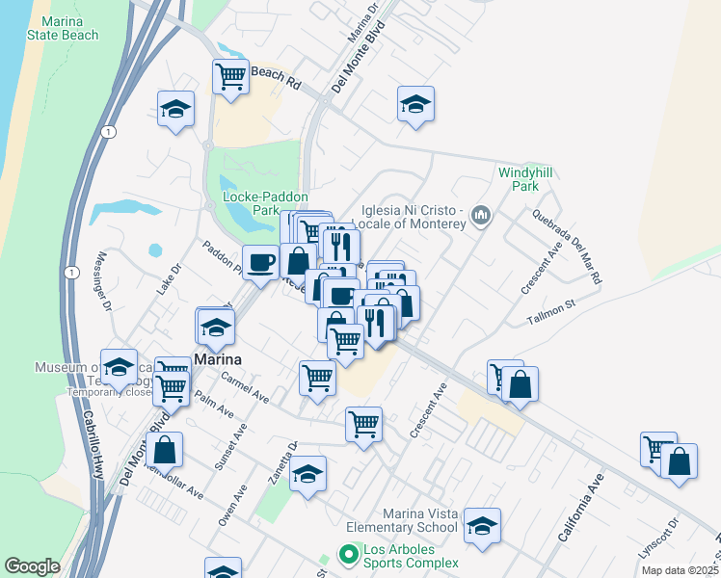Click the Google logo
[32, 566]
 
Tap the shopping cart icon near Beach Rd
[231, 76]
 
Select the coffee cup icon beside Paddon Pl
[259, 263]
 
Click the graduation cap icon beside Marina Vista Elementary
[482, 526]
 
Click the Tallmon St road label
[550, 310]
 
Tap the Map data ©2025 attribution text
[679, 570]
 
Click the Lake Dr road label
[164, 280]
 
